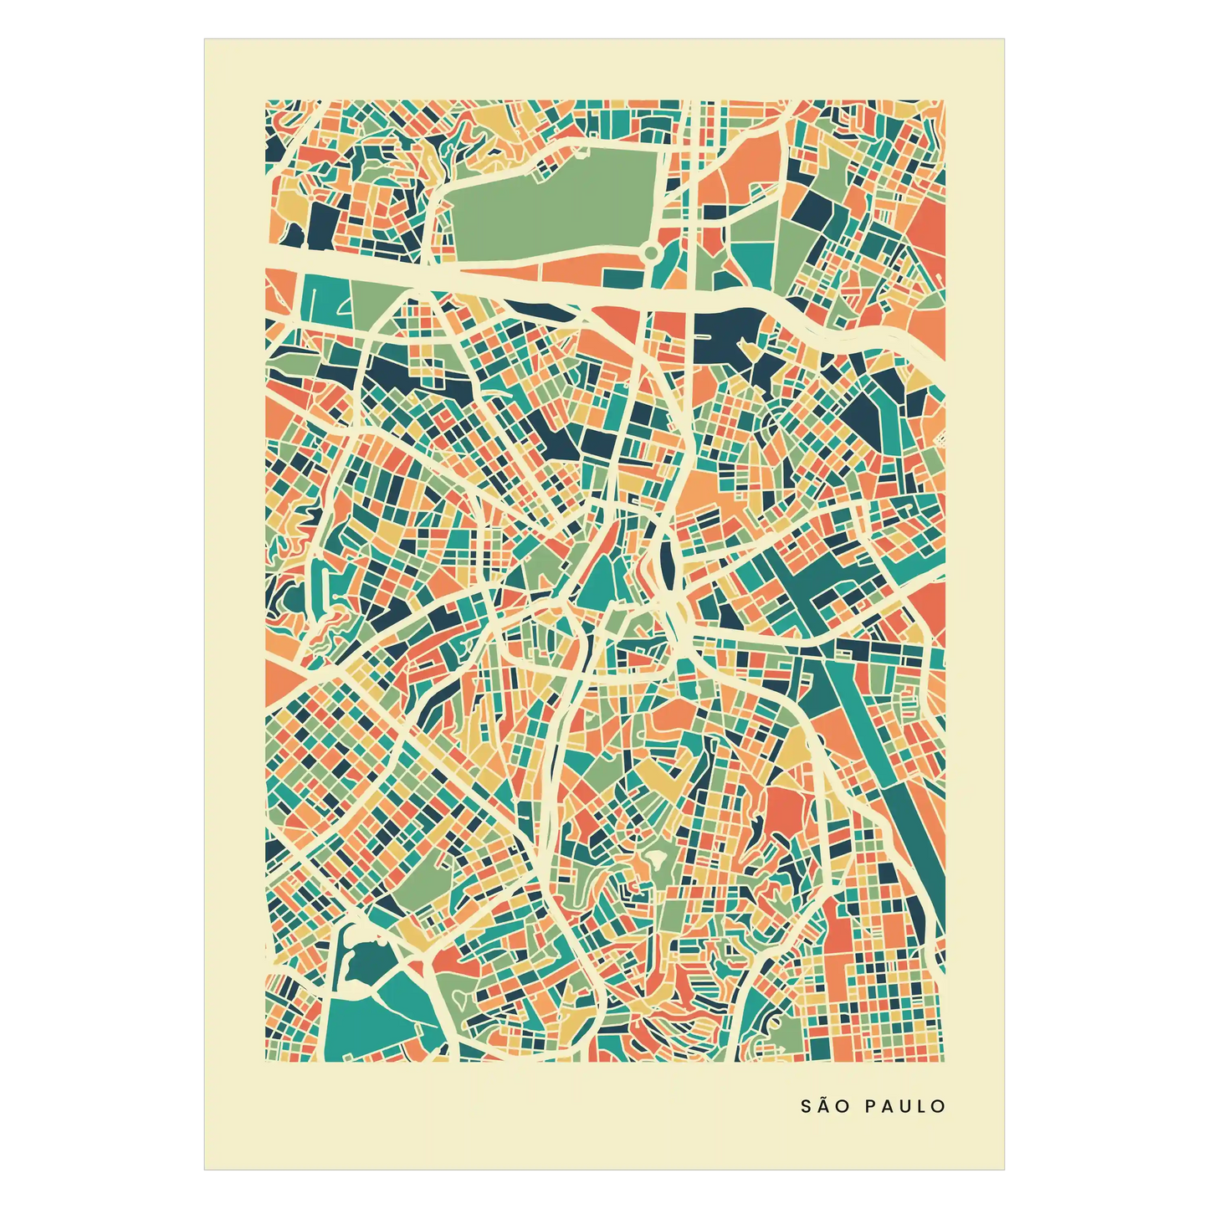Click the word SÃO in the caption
[825, 1106]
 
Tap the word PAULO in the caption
[904, 1106]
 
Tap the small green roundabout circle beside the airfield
[652, 252]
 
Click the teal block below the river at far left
[322, 297]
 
